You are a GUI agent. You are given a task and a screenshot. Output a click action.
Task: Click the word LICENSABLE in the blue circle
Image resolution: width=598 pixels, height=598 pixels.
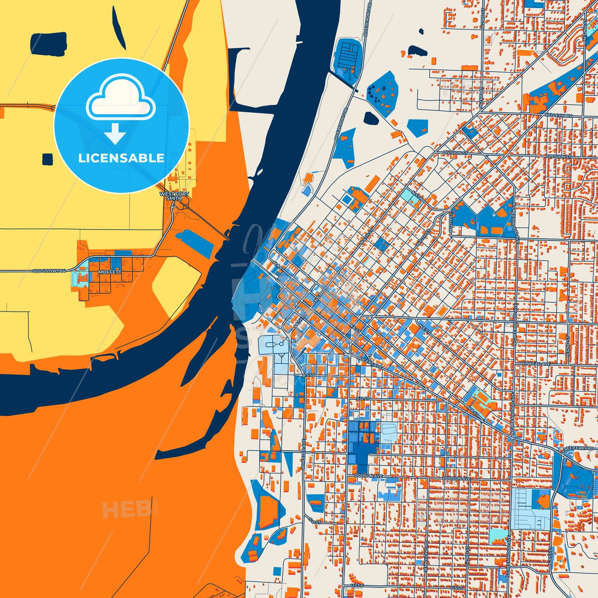[121, 158]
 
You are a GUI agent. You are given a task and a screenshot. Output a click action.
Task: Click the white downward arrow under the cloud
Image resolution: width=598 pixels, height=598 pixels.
[115, 133]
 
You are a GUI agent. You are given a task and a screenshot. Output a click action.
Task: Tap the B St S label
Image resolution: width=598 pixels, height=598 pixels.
[308, 375]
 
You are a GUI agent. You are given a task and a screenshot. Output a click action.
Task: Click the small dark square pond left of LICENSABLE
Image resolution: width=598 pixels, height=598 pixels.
[48, 159]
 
